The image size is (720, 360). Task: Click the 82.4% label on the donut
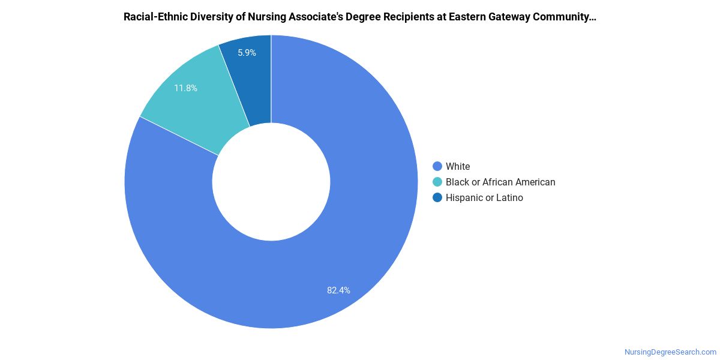(x=338, y=290)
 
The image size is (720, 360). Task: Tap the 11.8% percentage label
(x=185, y=88)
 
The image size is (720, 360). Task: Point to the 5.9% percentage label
(x=247, y=53)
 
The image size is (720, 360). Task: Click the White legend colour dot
(x=437, y=166)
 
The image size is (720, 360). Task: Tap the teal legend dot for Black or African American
(x=437, y=182)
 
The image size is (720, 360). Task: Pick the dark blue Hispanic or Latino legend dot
(x=437, y=197)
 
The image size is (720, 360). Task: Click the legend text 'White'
(x=458, y=166)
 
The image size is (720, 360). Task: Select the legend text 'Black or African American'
(x=500, y=182)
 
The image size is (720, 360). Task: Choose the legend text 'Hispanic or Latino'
(x=484, y=197)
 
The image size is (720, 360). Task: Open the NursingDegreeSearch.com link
(x=671, y=352)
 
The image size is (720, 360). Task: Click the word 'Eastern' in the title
(x=467, y=17)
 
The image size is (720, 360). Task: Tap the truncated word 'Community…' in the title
(x=565, y=17)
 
